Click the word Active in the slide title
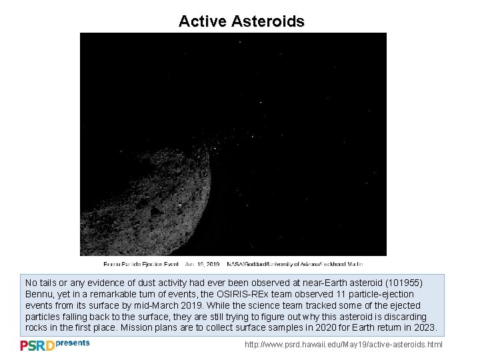[x=203, y=21]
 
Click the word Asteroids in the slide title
[x=268, y=21]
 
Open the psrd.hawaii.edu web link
[x=343, y=345]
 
